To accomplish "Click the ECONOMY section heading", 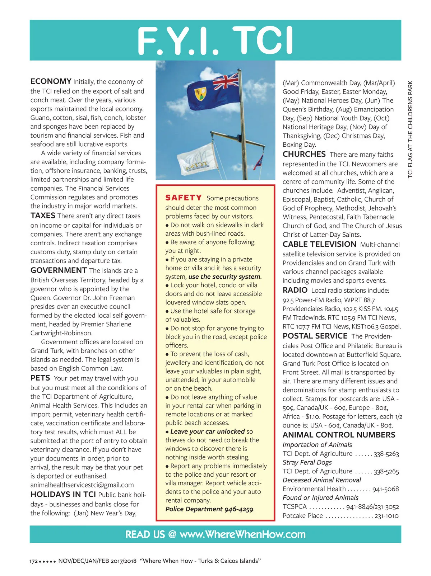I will [51, 81].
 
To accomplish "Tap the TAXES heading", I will [43, 216].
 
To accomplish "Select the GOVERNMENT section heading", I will [59, 270].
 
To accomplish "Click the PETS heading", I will [40, 378].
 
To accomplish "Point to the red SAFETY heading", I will [184, 198].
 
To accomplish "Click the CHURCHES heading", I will [304, 154].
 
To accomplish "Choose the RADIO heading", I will [295, 290].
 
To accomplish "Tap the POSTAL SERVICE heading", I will [315, 336].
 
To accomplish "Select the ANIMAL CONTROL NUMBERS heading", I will [339, 435].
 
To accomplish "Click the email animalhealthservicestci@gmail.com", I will [82, 485].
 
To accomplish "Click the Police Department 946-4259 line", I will [210, 509].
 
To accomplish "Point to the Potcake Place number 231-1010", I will [386, 516].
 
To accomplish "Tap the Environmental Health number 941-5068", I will [385, 489].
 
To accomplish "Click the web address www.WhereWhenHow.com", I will [242, 534].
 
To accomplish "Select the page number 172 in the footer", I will [33, 561].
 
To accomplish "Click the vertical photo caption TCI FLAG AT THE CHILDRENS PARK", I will [410, 129].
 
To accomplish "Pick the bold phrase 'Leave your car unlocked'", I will [207, 431].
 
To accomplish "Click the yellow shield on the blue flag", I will [199, 94].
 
